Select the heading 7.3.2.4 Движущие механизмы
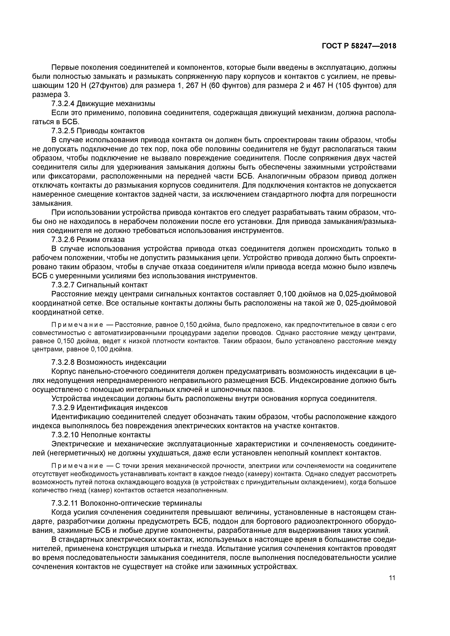(x=103, y=104)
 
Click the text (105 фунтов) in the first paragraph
(x=358, y=85)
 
